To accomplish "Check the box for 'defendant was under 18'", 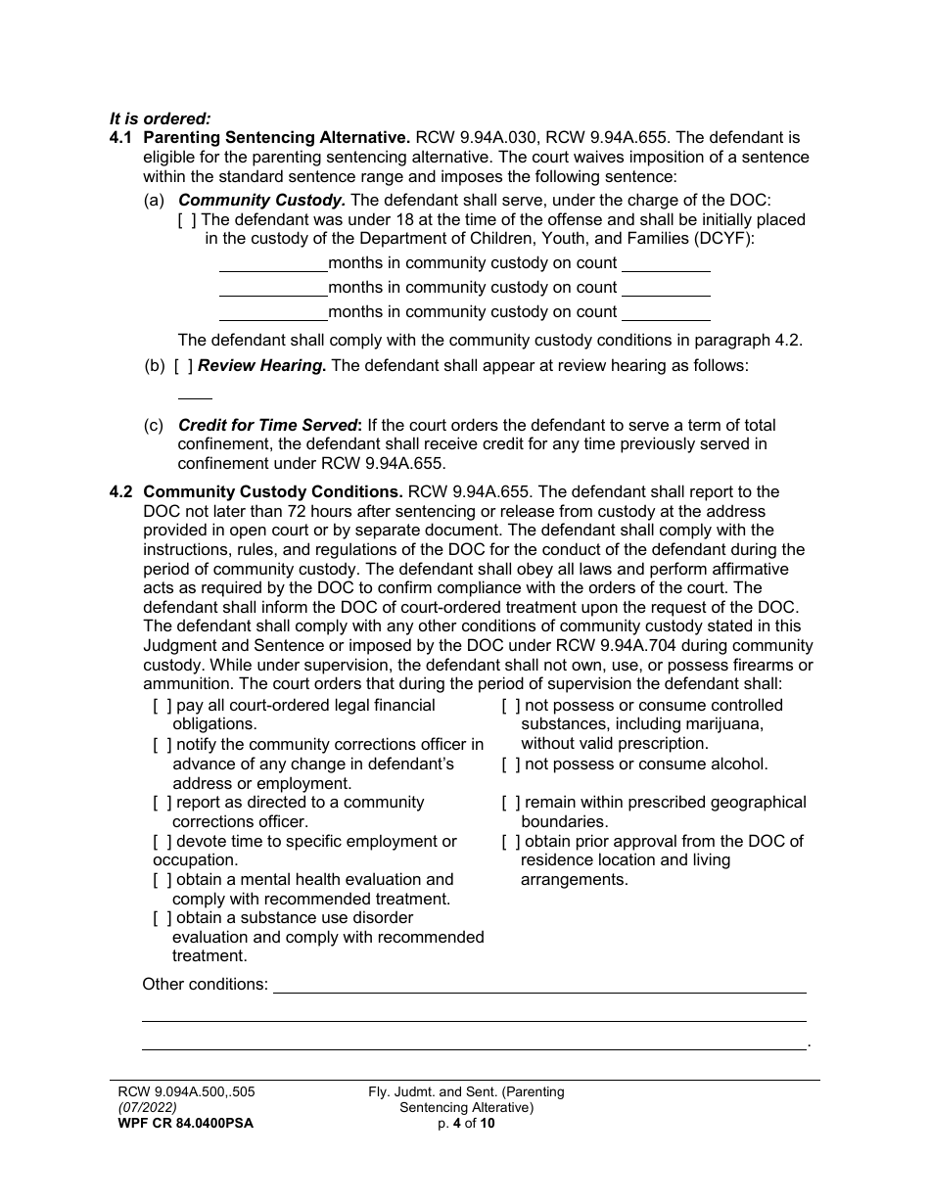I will click(x=187, y=219).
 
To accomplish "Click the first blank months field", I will click(x=273, y=264).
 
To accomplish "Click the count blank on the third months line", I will click(x=666, y=313).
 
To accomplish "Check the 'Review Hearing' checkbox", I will click(x=183, y=366).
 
